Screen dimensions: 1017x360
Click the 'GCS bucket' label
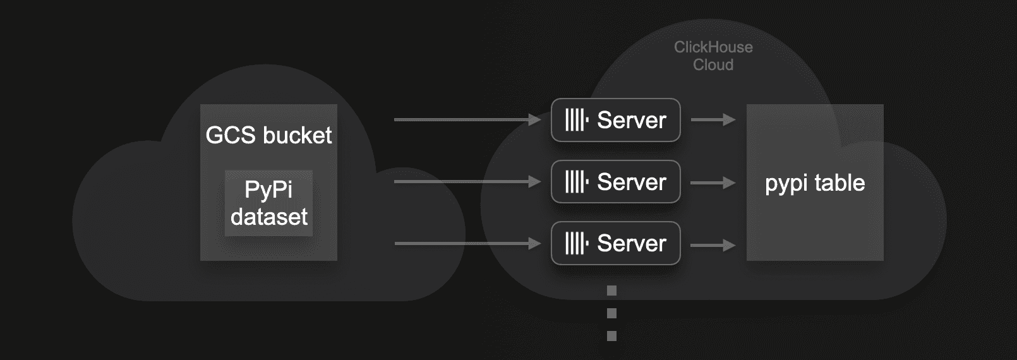click(269, 135)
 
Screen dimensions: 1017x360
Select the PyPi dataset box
click(269, 203)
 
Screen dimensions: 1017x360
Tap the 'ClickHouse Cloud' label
click(713, 56)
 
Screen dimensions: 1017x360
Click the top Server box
click(616, 120)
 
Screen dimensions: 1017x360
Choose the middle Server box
click(616, 182)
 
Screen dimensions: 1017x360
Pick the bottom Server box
click(616, 243)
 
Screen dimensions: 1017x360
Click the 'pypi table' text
click(815, 183)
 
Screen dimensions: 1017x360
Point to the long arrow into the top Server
click(467, 120)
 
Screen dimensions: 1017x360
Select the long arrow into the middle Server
click(467, 182)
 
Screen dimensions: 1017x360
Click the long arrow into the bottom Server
click(467, 244)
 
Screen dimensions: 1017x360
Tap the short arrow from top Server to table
click(713, 120)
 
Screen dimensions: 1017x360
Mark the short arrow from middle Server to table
click(713, 183)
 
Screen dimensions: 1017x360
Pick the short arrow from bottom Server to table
click(713, 246)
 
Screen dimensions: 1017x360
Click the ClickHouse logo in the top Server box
click(577, 120)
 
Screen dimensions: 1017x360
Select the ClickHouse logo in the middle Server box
click(577, 182)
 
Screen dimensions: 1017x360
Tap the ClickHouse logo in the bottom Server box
click(577, 243)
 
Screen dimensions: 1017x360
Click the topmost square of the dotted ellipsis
click(611, 291)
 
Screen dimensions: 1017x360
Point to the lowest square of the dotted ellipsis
click(611, 336)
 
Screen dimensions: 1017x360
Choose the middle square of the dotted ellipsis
click(611, 313)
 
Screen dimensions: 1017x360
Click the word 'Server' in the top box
click(632, 120)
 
